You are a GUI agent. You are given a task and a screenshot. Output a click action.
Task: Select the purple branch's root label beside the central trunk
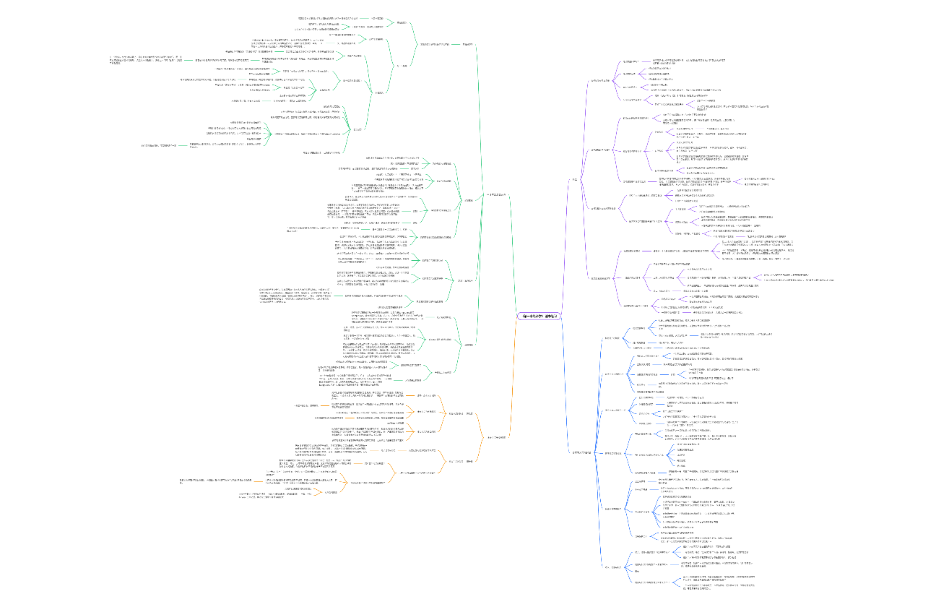click(575, 178)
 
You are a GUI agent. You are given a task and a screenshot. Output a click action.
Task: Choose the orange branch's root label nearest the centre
click(497, 437)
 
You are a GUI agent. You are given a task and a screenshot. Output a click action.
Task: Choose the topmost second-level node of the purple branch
click(602, 80)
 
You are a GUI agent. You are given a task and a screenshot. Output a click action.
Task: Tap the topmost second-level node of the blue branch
click(612, 337)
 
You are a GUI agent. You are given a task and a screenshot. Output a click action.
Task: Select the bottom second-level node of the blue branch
click(612, 567)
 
